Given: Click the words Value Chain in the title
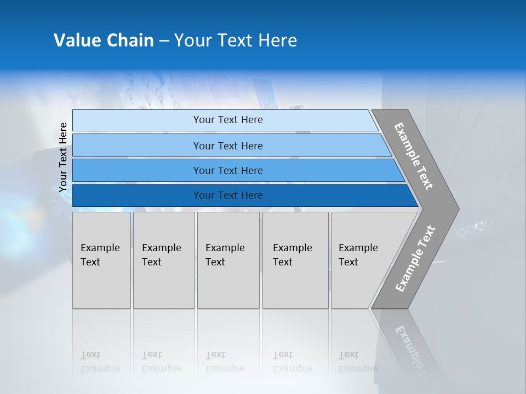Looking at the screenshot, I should (x=104, y=40).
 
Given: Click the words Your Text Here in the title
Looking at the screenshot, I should (x=236, y=40).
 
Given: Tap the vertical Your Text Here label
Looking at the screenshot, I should (x=63, y=158).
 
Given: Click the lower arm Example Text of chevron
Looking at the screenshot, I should (x=415, y=258).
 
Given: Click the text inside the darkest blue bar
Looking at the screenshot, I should (x=228, y=195).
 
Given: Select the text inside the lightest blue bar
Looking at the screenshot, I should (x=228, y=120).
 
